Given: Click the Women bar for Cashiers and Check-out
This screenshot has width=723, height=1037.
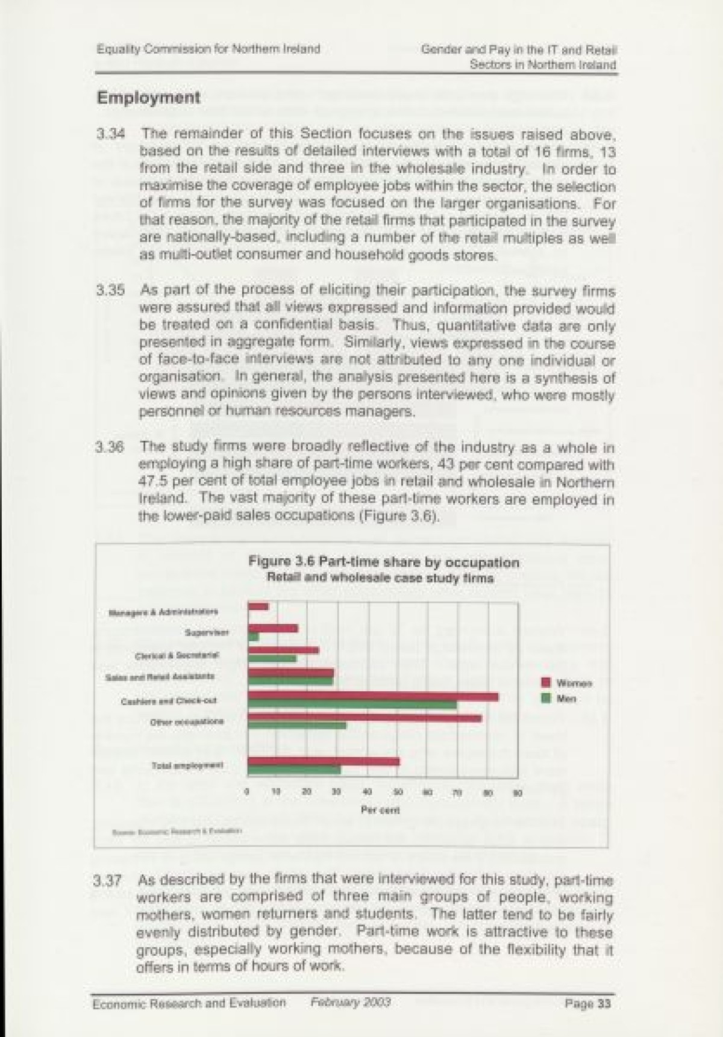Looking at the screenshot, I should [374, 697].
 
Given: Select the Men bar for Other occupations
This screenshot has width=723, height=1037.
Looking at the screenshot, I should [297, 725].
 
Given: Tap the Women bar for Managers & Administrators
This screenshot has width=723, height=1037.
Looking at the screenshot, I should [258, 606].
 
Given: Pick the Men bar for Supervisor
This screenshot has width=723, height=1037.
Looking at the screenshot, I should [254, 637].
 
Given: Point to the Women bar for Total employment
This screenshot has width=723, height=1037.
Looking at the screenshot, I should [324, 762].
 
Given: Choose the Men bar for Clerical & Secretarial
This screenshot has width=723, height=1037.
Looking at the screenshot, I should [272, 658].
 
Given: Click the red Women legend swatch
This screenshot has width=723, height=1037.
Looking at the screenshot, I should [546, 682].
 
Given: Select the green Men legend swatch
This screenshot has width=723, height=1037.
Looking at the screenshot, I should [546, 699].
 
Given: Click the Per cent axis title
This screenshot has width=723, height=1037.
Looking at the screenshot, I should [380, 810].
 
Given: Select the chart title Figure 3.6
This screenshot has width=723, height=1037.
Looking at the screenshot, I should [384, 562].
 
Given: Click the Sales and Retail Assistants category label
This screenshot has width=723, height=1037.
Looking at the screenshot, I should [160, 676].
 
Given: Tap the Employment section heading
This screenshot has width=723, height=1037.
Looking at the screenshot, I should [148, 98].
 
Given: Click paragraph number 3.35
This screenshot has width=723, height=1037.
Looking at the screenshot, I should [110, 290].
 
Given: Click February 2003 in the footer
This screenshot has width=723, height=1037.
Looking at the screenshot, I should [351, 1002].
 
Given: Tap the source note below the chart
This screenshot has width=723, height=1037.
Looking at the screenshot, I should [177, 832].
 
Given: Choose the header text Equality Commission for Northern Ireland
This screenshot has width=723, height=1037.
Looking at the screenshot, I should [208, 49].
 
